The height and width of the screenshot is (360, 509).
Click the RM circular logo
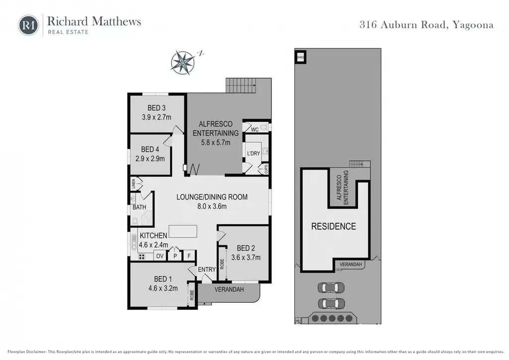28,25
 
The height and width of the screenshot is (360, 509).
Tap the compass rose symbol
183,62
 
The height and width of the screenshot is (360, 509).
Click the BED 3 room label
157,108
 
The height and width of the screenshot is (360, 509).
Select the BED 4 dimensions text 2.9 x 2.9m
150,159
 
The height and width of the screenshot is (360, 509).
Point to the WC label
255,129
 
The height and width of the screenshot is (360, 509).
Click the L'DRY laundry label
254,153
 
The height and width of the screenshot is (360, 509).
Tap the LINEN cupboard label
133,184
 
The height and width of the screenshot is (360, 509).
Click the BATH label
139,207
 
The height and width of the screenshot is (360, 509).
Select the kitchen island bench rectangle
183,231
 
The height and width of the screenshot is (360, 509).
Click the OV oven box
160,256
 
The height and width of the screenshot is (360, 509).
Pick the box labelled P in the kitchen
175,256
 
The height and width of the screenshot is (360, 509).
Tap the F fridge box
189,256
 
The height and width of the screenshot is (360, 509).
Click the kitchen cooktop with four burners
142,257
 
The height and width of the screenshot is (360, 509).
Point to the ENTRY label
207,270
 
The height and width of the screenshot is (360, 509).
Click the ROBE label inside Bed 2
222,264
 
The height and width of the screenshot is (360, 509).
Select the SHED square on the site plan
301,58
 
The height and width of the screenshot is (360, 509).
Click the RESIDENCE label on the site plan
334,226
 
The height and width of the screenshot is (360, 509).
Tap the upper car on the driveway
331,287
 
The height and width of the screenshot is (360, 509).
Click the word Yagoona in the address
473,25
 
